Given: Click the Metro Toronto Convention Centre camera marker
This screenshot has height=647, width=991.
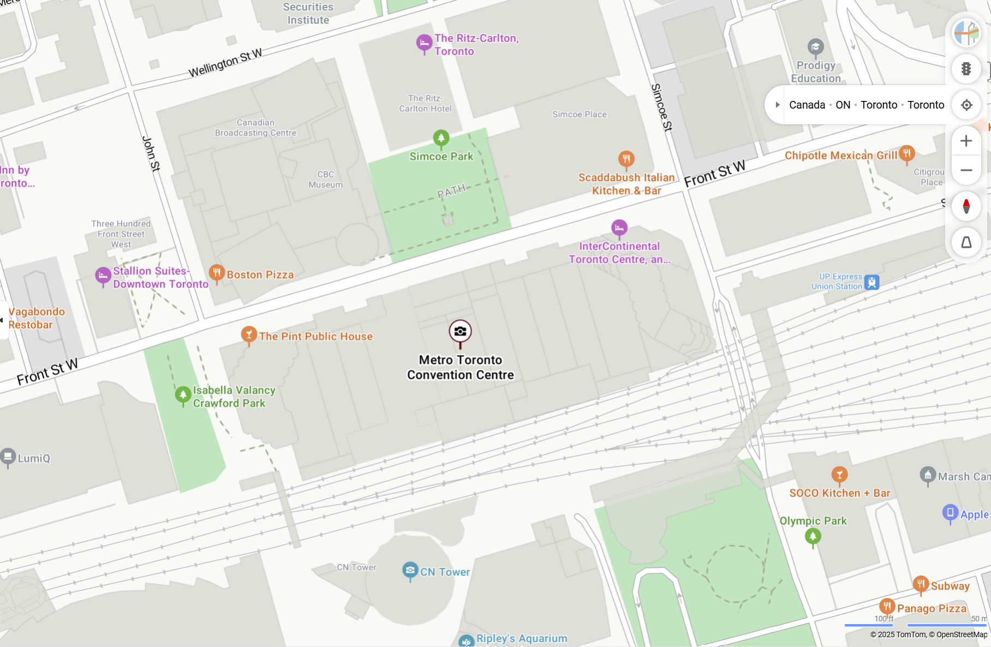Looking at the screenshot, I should coord(460,331).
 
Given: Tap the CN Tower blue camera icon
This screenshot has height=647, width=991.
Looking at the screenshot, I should coord(410,570).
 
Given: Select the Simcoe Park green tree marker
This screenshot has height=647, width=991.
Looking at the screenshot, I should coord(441,138).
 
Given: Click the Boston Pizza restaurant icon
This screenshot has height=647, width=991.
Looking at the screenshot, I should coord(217,272).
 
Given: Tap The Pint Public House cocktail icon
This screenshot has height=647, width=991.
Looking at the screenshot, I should coord(249,334).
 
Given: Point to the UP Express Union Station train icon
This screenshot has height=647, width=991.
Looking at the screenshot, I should coord(872,282).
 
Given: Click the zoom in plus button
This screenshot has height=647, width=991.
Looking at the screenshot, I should coord(966,141).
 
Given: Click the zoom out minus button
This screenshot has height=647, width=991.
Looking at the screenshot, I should coord(966,170).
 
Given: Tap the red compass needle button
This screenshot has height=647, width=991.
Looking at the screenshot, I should coord(966,206).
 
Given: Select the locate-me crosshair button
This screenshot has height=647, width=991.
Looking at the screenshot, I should coord(966,105).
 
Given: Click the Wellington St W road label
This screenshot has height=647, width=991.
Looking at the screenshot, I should coord(225,63).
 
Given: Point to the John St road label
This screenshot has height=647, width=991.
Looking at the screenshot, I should coord(151,154).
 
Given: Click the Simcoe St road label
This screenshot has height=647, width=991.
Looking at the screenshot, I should coord(661,107).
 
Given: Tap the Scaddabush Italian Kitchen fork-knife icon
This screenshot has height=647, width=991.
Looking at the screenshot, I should coord(626,159).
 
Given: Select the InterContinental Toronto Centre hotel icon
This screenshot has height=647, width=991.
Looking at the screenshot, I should coord(619,227).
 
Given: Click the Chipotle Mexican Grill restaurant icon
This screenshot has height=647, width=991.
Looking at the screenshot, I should coord(906,153).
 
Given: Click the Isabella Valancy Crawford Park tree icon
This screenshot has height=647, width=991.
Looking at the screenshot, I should coord(182,394).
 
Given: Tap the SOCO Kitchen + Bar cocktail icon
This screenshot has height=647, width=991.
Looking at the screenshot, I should coord(839,474).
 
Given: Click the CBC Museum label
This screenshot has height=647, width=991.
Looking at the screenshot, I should coord(325,179).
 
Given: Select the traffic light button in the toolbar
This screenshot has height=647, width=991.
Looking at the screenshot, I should coord(966,69).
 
